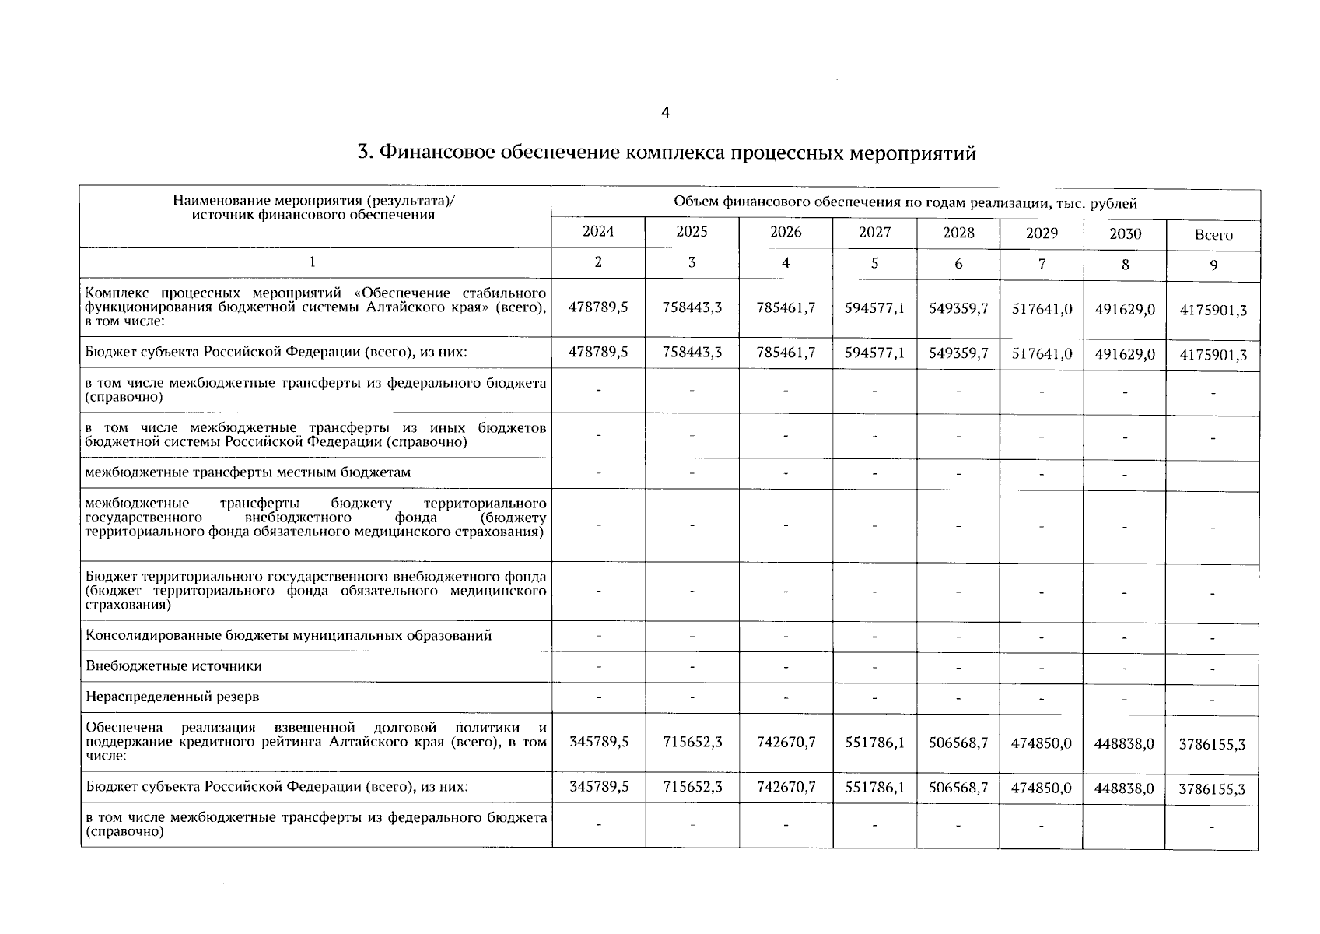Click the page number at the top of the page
pos(664,113)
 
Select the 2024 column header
pos(597,231)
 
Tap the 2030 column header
pos(1125,233)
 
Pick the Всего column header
pos(1213,234)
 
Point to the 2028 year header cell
pos(958,232)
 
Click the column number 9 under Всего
pos(1213,265)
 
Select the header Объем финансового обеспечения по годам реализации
pos(905,203)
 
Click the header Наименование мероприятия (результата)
pos(313,201)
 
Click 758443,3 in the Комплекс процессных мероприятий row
pos(692,307)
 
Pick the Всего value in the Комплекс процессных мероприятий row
pos(1213,310)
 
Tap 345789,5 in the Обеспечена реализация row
pos(598,743)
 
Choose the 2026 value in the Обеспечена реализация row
pos(786,743)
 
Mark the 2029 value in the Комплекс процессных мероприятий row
pos(1042,309)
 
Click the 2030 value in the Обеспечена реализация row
pos(1125,743)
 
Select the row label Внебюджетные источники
pos(173,666)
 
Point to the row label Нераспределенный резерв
pos(172,697)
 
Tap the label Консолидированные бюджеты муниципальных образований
pos(289,635)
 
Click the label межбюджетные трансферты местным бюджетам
pos(248,472)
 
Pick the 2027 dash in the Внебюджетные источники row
pos(874,667)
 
